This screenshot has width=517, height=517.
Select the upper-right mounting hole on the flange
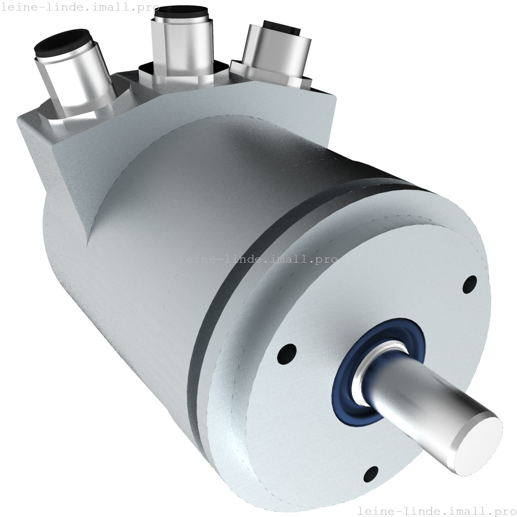[x=470, y=285]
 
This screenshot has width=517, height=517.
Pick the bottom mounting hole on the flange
[x=371, y=475]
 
